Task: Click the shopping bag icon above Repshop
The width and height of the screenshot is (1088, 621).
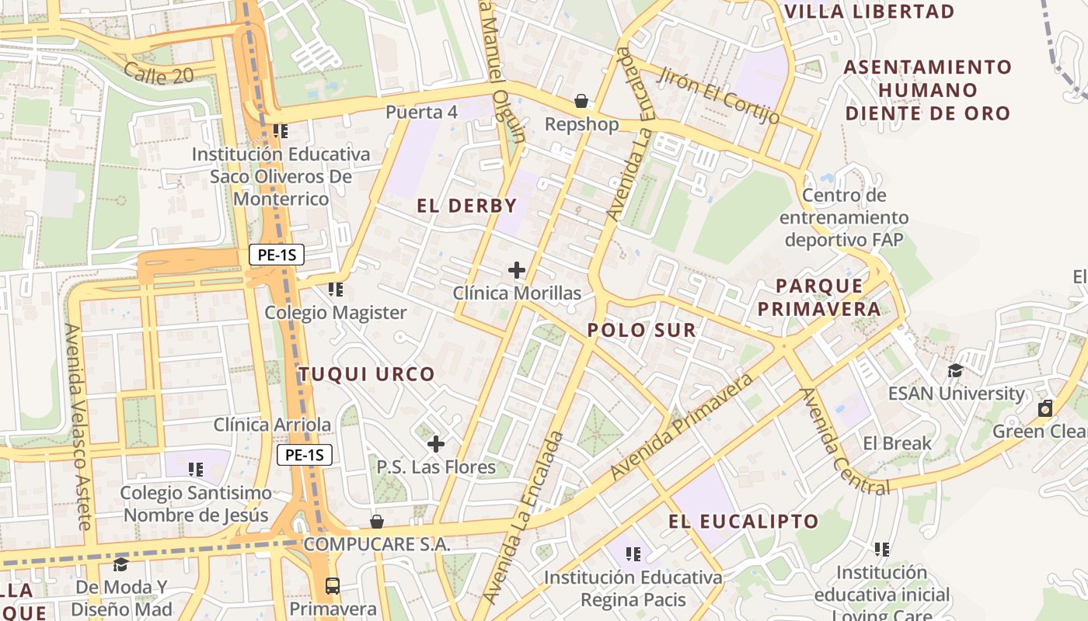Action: (581, 101)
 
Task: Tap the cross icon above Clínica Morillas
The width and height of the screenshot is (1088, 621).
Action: (517, 270)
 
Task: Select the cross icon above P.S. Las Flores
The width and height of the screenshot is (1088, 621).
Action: (436, 444)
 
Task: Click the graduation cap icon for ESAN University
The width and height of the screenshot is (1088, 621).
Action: (955, 370)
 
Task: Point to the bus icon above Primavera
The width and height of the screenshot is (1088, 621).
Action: (333, 585)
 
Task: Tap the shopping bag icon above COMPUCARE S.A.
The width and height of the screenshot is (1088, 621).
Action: (377, 521)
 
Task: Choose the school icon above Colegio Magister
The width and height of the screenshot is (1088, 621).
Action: (336, 290)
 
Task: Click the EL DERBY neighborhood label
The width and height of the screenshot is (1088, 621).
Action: (467, 206)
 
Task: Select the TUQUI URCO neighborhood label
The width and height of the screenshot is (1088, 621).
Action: (368, 374)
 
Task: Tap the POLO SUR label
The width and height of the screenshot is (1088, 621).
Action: (641, 330)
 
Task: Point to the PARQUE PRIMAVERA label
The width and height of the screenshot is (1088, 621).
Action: (819, 297)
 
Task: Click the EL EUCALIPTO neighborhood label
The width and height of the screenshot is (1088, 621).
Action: (744, 521)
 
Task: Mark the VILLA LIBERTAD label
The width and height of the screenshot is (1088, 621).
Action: (870, 12)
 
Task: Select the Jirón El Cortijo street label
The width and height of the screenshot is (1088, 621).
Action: (719, 95)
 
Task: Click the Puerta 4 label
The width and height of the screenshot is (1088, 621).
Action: (421, 112)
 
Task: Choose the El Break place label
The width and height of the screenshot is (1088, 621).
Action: (897, 443)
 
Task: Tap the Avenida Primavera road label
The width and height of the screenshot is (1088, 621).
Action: (682, 425)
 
